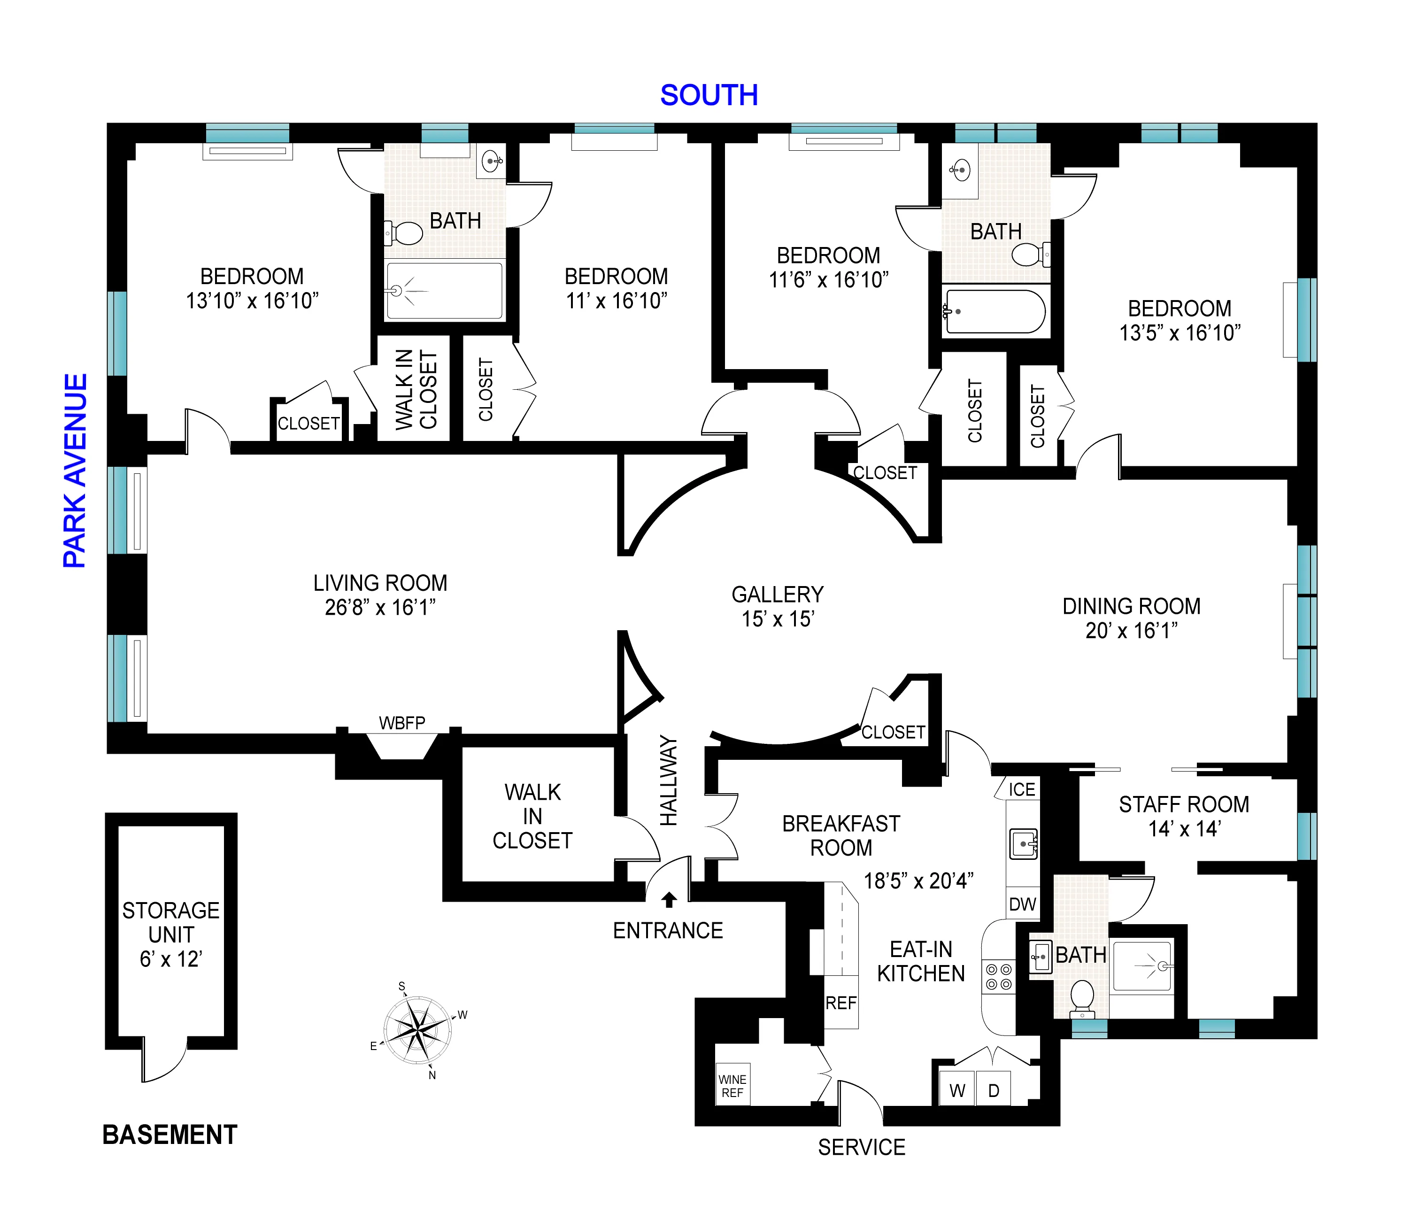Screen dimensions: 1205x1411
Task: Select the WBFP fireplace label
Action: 402,723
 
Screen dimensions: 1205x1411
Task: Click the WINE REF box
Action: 732,1086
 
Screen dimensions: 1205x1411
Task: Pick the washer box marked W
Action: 957,1090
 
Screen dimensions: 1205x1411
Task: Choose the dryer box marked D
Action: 994,1090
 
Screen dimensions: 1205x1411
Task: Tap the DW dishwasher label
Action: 1022,904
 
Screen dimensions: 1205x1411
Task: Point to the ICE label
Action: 1021,789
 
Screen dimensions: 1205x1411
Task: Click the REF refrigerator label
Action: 841,1003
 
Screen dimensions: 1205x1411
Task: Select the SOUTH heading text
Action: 709,95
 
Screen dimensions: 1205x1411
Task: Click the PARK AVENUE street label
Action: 76,470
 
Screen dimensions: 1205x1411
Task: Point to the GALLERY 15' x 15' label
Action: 778,606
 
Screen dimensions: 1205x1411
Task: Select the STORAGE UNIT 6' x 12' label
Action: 170,935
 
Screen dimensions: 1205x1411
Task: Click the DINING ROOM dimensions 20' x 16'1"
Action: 1131,631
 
